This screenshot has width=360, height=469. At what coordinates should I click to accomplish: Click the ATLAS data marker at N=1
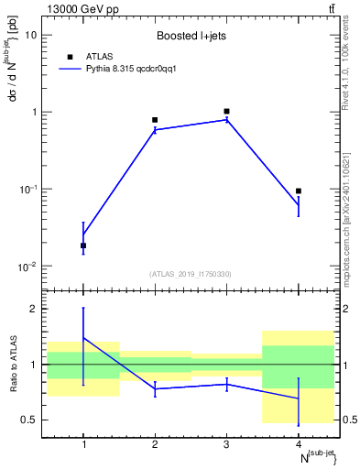pos(83,245)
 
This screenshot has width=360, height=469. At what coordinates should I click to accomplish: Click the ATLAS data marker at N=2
pos(155,120)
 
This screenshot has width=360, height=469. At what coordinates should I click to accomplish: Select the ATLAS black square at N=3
pos(226,111)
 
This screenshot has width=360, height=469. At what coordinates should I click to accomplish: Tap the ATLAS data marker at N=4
pos(299,191)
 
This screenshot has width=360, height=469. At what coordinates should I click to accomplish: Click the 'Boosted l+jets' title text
pos(191,37)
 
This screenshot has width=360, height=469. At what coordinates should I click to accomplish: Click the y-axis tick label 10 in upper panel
pos(31,35)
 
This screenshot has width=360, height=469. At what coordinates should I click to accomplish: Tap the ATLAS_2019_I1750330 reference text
pos(191,274)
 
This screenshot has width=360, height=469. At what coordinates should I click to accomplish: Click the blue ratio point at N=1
pos(83,338)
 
